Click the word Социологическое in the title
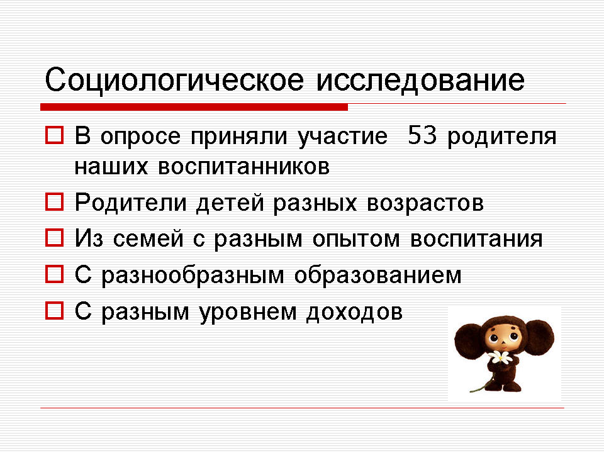(174, 81)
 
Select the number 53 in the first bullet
(422, 135)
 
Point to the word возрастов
(425, 203)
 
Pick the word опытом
(356, 239)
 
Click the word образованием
(378, 276)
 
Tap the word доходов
(354, 313)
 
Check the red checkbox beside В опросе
(54, 135)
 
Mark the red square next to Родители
(54, 202)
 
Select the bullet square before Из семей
(54, 238)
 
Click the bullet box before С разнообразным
(54, 274)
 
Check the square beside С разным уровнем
(54, 310)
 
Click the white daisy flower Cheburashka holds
(500, 358)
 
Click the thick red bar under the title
(194, 107)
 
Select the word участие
(342, 137)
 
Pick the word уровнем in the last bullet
(248, 313)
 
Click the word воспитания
(476, 239)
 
